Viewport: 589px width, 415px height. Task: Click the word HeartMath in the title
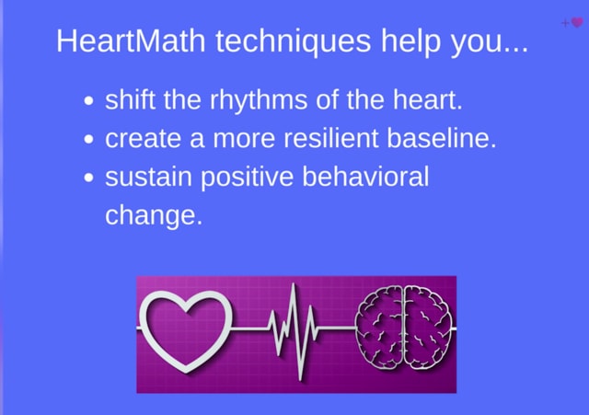(131, 40)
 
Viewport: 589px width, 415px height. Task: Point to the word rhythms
(259, 101)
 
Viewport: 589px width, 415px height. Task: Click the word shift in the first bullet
(130, 99)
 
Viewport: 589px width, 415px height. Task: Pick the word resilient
(330, 138)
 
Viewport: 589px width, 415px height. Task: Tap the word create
(144, 139)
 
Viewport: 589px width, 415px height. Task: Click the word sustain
(148, 177)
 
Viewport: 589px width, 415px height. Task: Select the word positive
(247, 179)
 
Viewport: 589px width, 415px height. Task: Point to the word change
(154, 216)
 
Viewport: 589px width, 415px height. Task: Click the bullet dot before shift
(88, 101)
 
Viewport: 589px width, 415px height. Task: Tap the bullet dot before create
(88, 139)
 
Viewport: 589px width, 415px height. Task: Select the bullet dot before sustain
(88, 178)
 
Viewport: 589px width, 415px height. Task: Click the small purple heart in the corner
(577, 23)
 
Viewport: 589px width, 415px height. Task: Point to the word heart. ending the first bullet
(427, 99)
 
